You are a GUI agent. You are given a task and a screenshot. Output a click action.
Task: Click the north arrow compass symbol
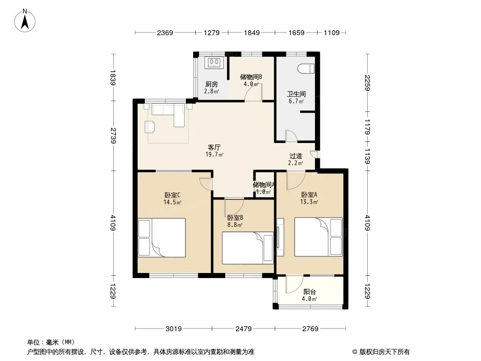pos(25,20)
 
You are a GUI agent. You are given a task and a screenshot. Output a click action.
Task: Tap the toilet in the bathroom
pos(306,68)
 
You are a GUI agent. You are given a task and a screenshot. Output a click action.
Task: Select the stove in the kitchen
pos(214,62)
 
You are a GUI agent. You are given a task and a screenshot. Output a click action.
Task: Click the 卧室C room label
pos(172,195)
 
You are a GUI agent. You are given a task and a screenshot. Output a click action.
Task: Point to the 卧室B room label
pos(235,218)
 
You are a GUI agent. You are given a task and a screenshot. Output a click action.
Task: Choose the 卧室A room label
pos(309,194)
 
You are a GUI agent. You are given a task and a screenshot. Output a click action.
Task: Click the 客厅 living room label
pos(214,147)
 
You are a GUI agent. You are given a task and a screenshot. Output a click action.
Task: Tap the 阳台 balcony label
pos(309,292)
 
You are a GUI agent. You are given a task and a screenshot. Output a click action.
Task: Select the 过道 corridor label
pos(296,156)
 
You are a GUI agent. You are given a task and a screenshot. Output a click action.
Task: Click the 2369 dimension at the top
pos(165,32)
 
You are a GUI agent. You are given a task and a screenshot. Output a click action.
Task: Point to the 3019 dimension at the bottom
pos(174,329)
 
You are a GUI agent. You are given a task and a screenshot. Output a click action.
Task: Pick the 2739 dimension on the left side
pos(113,135)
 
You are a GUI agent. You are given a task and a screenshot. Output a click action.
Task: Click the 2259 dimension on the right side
pos(367,83)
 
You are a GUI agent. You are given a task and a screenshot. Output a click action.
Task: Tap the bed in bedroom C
pos(162,238)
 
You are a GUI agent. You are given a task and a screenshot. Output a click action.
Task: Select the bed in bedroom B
pos(248,248)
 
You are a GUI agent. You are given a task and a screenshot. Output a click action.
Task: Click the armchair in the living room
pos(150,127)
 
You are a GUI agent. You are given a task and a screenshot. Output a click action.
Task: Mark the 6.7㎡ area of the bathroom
pos(296,101)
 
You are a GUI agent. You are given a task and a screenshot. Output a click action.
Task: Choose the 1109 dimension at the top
pos(332,32)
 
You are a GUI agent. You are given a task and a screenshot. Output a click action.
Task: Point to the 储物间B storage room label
pos(251,77)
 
